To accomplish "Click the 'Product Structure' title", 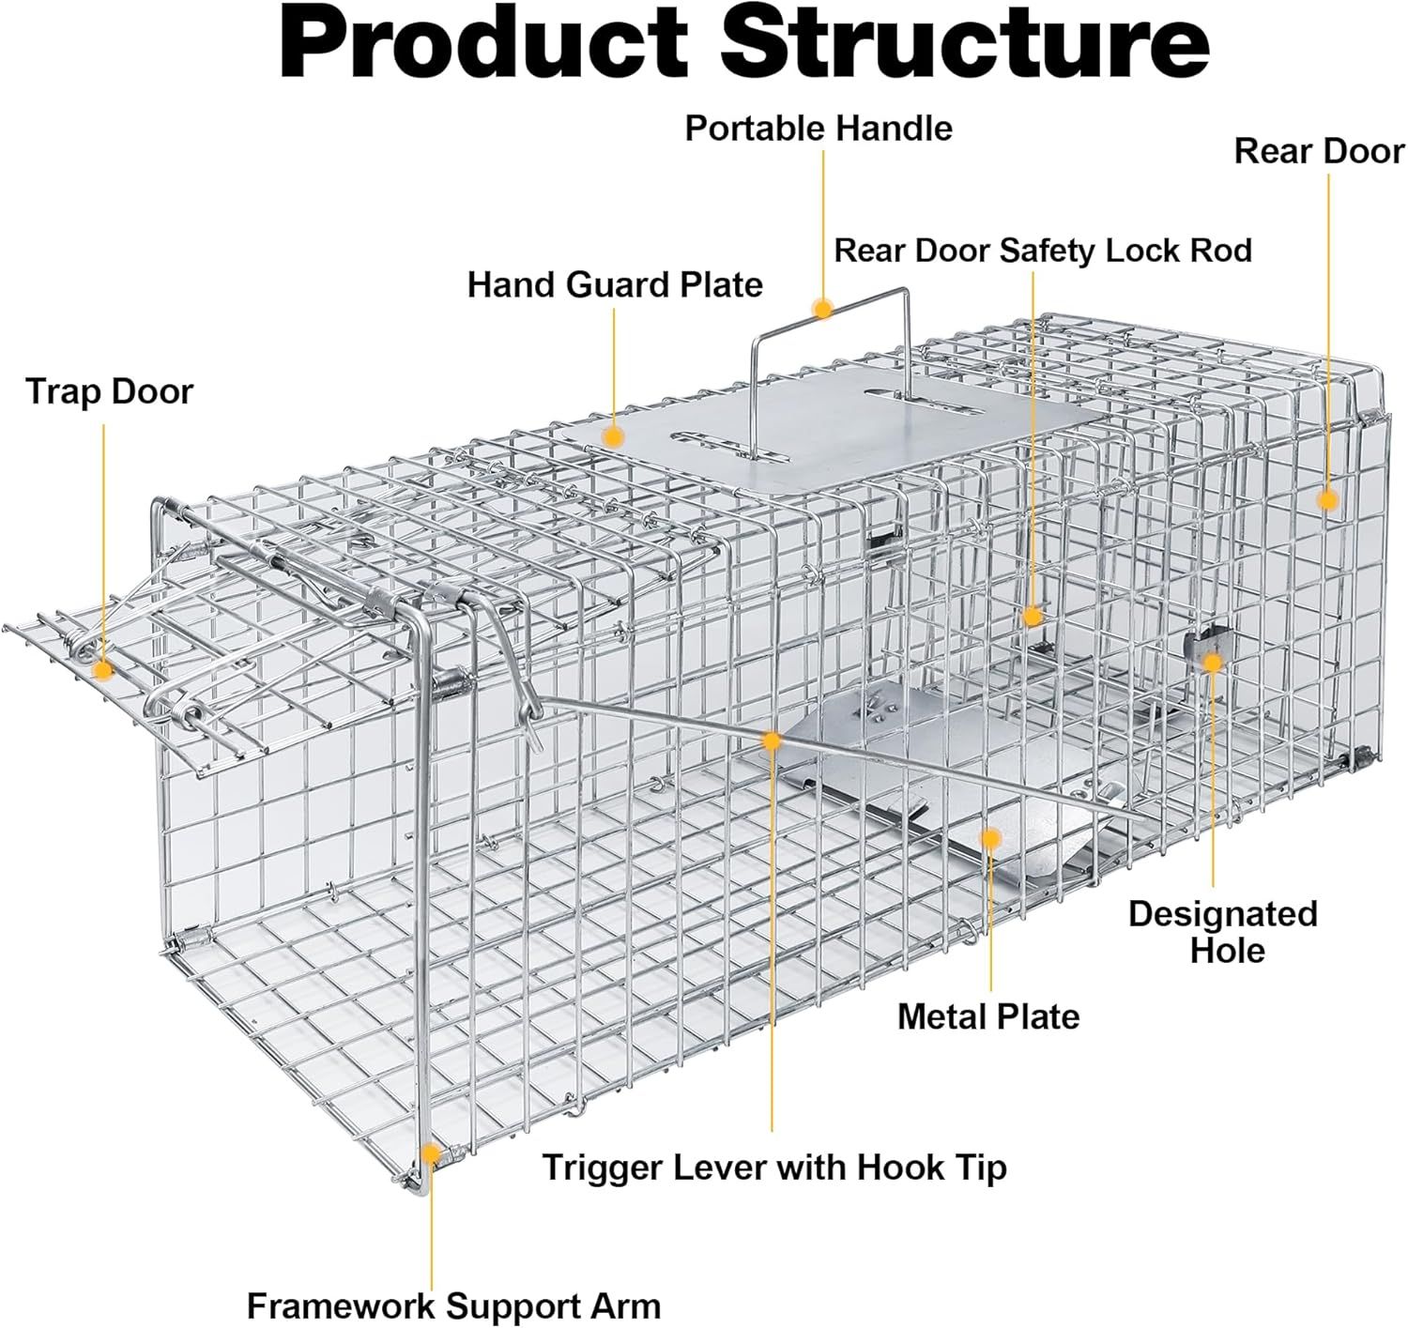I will (743, 44).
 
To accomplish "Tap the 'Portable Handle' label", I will (819, 129).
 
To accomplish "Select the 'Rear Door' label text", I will (1318, 151).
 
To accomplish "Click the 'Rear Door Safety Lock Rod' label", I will (1043, 251).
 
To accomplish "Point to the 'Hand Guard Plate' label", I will (615, 284).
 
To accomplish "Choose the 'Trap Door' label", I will (109, 391).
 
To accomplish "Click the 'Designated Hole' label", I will (1222, 931).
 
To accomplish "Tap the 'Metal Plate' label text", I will (988, 1016).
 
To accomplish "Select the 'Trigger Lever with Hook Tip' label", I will (774, 1168).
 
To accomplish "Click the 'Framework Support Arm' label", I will (453, 1305).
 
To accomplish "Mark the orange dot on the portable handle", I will (823, 309).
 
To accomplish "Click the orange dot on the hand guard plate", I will (614, 436).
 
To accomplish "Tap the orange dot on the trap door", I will (103, 670).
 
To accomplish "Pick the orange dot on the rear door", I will (1326, 499).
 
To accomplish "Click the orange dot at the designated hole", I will (1212, 663).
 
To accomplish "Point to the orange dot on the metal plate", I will (991, 837).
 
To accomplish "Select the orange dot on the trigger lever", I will (772, 741).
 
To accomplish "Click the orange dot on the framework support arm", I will (431, 1153).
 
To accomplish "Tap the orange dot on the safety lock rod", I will (1033, 617).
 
